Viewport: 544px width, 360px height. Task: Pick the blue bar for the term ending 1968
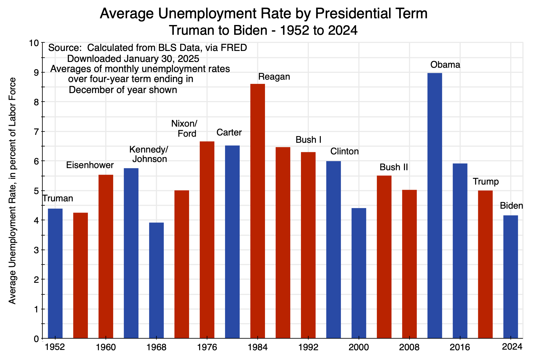[x=156, y=280]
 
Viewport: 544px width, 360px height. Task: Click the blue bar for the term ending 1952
[x=55, y=273]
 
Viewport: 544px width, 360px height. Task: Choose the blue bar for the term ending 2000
[x=359, y=273]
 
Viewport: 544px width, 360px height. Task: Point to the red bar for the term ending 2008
[x=409, y=264]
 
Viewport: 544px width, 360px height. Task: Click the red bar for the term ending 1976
[x=207, y=240]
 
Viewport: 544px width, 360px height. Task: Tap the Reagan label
[x=274, y=77]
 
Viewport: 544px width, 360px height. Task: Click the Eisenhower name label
[x=90, y=165]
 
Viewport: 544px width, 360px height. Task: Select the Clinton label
[x=344, y=151]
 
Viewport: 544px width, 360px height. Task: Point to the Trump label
[x=485, y=182]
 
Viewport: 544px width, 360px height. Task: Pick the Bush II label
[x=394, y=167]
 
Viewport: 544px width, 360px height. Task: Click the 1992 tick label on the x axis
[x=308, y=347]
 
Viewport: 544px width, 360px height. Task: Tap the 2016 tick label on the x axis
[x=460, y=347]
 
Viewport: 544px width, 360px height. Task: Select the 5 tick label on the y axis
[x=36, y=191]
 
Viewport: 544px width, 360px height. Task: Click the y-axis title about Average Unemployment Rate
[x=12, y=191]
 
